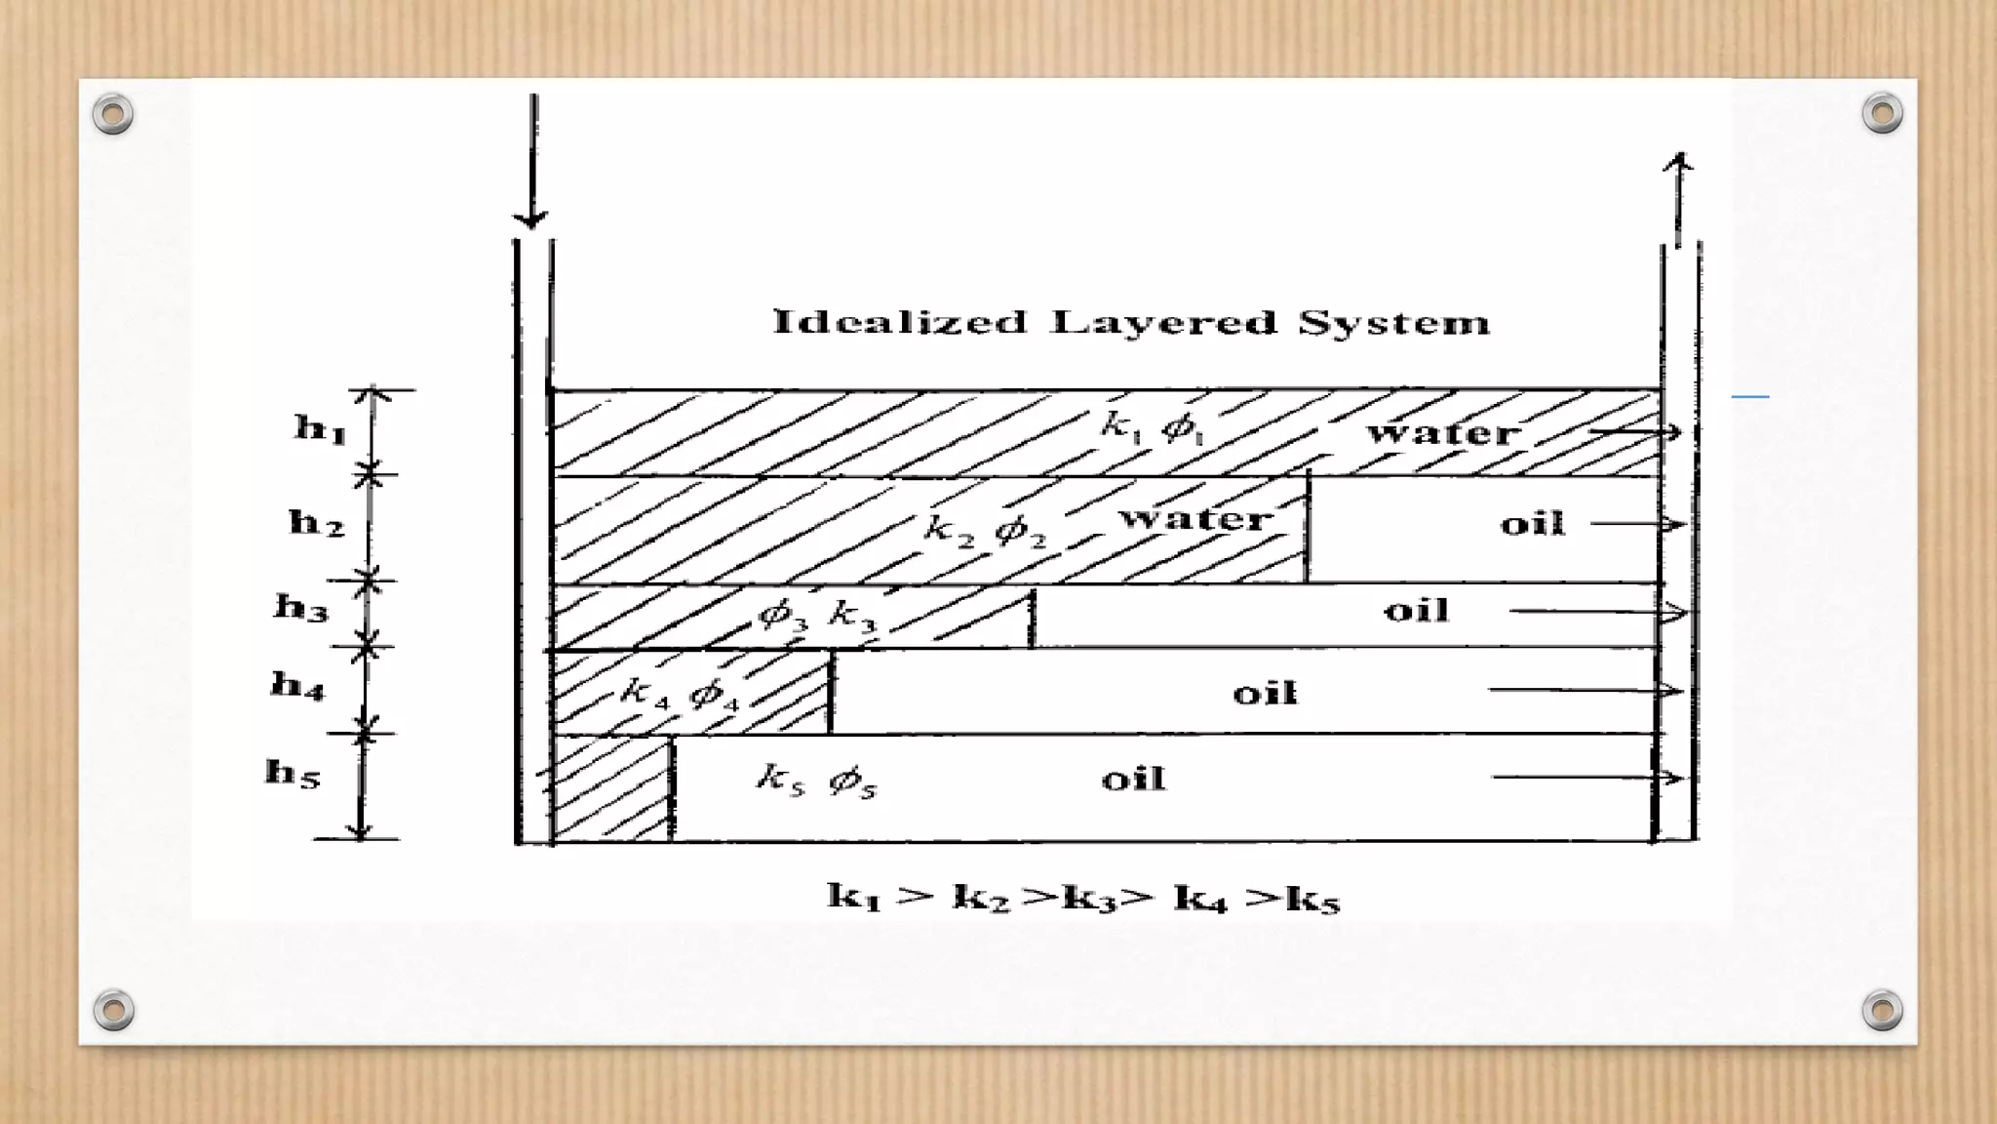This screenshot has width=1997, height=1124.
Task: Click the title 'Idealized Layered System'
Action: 1131,322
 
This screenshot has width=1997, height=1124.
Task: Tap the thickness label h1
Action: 320,427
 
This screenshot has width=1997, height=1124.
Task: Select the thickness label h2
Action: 317,523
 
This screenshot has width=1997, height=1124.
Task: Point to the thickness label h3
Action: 301,608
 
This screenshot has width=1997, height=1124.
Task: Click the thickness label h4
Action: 297,685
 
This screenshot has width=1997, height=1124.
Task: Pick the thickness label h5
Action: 293,773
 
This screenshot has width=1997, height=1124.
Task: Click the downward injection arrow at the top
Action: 532,161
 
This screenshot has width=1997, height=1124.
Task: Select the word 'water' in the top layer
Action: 1443,432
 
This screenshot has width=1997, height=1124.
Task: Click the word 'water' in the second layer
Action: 1195,517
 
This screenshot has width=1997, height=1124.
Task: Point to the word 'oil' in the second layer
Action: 1532,524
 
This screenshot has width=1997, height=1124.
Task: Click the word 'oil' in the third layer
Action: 1416,611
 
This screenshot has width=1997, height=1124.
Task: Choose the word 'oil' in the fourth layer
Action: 1265,694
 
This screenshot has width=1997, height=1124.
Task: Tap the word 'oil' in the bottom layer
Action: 1133,779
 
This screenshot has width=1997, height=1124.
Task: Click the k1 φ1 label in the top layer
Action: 1153,427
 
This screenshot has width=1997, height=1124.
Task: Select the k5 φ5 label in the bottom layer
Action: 817,781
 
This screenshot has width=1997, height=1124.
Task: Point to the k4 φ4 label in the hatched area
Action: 680,694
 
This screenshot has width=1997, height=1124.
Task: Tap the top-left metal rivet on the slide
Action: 113,114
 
